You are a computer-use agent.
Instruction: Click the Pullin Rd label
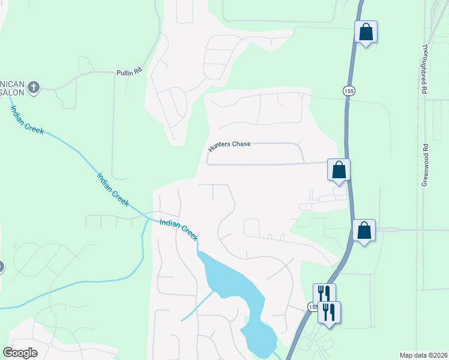[x=129, y=71]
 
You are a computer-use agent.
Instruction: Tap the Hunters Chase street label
[x=229, y=146]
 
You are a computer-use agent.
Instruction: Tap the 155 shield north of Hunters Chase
[x=349, y=91]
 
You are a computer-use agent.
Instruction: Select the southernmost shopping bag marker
[x=364, y=230]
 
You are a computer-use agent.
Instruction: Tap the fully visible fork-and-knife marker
[x=329, y=313]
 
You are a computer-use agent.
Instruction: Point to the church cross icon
[x=34, y=88]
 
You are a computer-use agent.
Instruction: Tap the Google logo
[x=20, y=353]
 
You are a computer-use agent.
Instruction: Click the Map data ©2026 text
[x=423, y=355]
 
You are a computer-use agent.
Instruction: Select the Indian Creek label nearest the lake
[x=179, y=230]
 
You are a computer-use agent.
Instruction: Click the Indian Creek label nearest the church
[x=26, y=120]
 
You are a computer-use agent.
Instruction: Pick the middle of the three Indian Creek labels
[x=113, y=190]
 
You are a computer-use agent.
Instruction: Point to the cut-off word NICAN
[x=12, y=82]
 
